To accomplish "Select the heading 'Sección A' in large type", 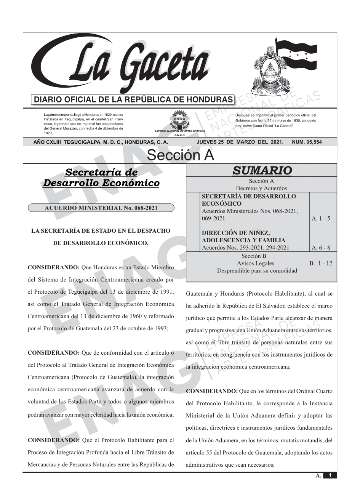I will [x=180, y=155].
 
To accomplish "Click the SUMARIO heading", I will [x=261, y=170].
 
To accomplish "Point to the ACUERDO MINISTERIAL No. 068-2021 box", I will [x=101, y=208].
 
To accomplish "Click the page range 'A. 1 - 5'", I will [x=321, y=218].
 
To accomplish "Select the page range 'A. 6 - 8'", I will [x=321, y=248].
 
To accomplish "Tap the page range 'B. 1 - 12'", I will [x=321, y=263].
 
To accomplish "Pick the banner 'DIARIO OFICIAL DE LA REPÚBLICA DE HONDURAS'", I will [x=133, y=100].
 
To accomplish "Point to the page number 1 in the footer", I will [x=330, y=475].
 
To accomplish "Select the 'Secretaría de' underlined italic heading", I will [x=101, y=172].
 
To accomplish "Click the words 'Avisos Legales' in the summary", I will [x=256, y=263].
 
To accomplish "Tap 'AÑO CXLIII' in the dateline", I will [x=48, y=142].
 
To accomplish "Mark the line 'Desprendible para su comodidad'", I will [x=257, y=270].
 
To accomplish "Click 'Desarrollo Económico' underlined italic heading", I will [x=101, y=183].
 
